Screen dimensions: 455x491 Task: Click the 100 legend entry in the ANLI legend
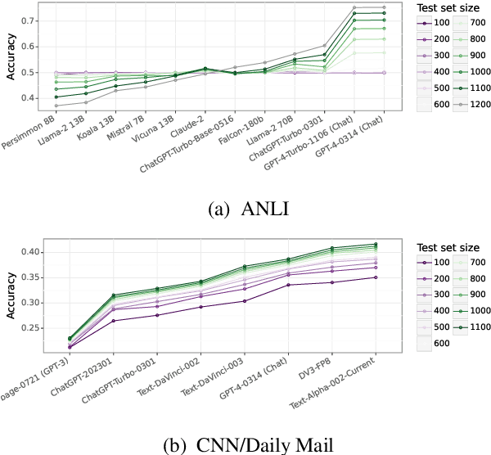tap(429, 24)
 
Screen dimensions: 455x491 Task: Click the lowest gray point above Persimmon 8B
tap(56, 106)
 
